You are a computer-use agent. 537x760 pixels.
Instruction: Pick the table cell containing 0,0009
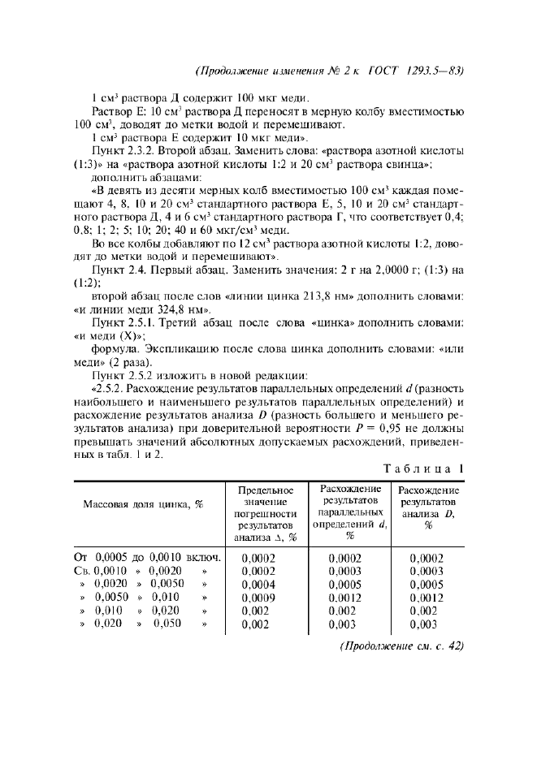point(259,597)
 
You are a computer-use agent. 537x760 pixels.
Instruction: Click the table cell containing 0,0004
point(259,584)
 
